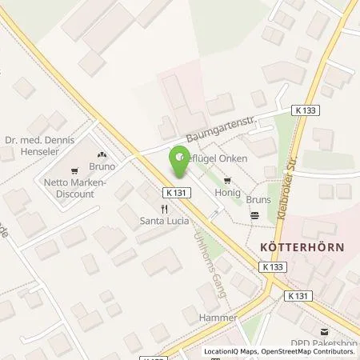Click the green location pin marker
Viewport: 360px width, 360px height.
(x=178, y=162)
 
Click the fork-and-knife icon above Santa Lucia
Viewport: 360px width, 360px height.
(x=163, y=209)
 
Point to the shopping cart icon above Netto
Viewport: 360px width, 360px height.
(x=74, y=170)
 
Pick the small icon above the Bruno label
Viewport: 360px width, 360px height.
(x=102, y=155)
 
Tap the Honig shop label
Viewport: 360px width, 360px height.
(x=229, y=191)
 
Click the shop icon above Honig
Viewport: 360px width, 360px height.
(x=229, y=180)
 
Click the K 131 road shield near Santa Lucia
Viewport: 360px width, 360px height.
(x=178, y=192)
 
